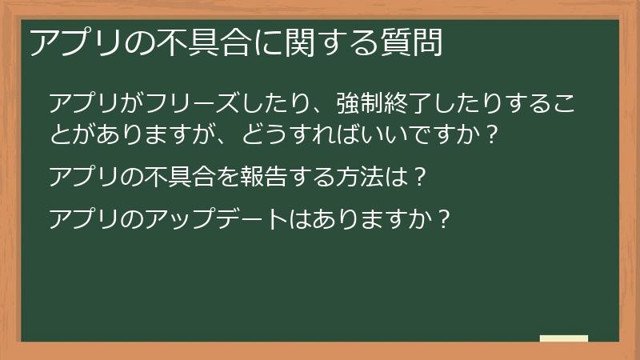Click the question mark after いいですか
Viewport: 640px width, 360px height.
492,133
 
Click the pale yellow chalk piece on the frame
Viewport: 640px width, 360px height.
564,338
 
